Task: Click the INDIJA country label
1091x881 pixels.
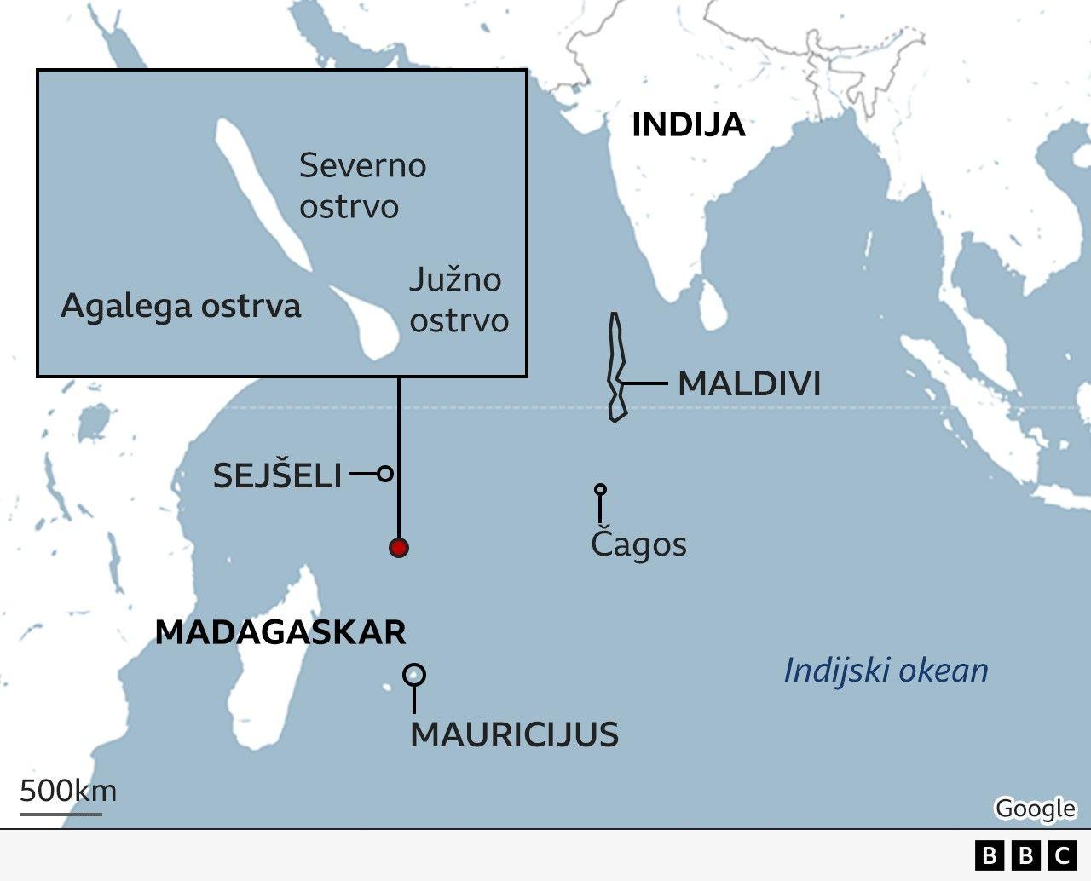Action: click(x=688, y=125)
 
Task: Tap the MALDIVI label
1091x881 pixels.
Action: click(x=749, y=384)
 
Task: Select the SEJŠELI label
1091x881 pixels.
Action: click(x=277, y=475)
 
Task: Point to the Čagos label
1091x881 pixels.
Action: click(x=638, y=544)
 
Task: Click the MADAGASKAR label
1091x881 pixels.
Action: click(x=280, y=633)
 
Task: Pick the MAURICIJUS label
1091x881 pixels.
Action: click(x=514, y=734)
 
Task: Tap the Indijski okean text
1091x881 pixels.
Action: click(x=886, y=671)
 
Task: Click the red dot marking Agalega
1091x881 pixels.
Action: click(x=398, y=548)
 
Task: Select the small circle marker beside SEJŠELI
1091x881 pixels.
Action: click(x=385, y=473)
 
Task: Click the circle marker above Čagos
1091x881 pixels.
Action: click(x=600, y=490)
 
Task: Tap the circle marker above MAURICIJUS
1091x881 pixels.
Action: click(x=414, y=675)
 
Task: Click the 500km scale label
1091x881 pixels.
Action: click(x=68, y=791)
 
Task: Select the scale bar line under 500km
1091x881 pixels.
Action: click(x=61, y=814)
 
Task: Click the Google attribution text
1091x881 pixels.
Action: click(x=1035, y=808)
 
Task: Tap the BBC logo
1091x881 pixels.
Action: click(x=1025, y=855)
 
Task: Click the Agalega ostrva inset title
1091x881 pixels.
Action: click(x=181, y=307)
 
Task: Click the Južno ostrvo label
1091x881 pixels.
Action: click(x=458, y=300)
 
